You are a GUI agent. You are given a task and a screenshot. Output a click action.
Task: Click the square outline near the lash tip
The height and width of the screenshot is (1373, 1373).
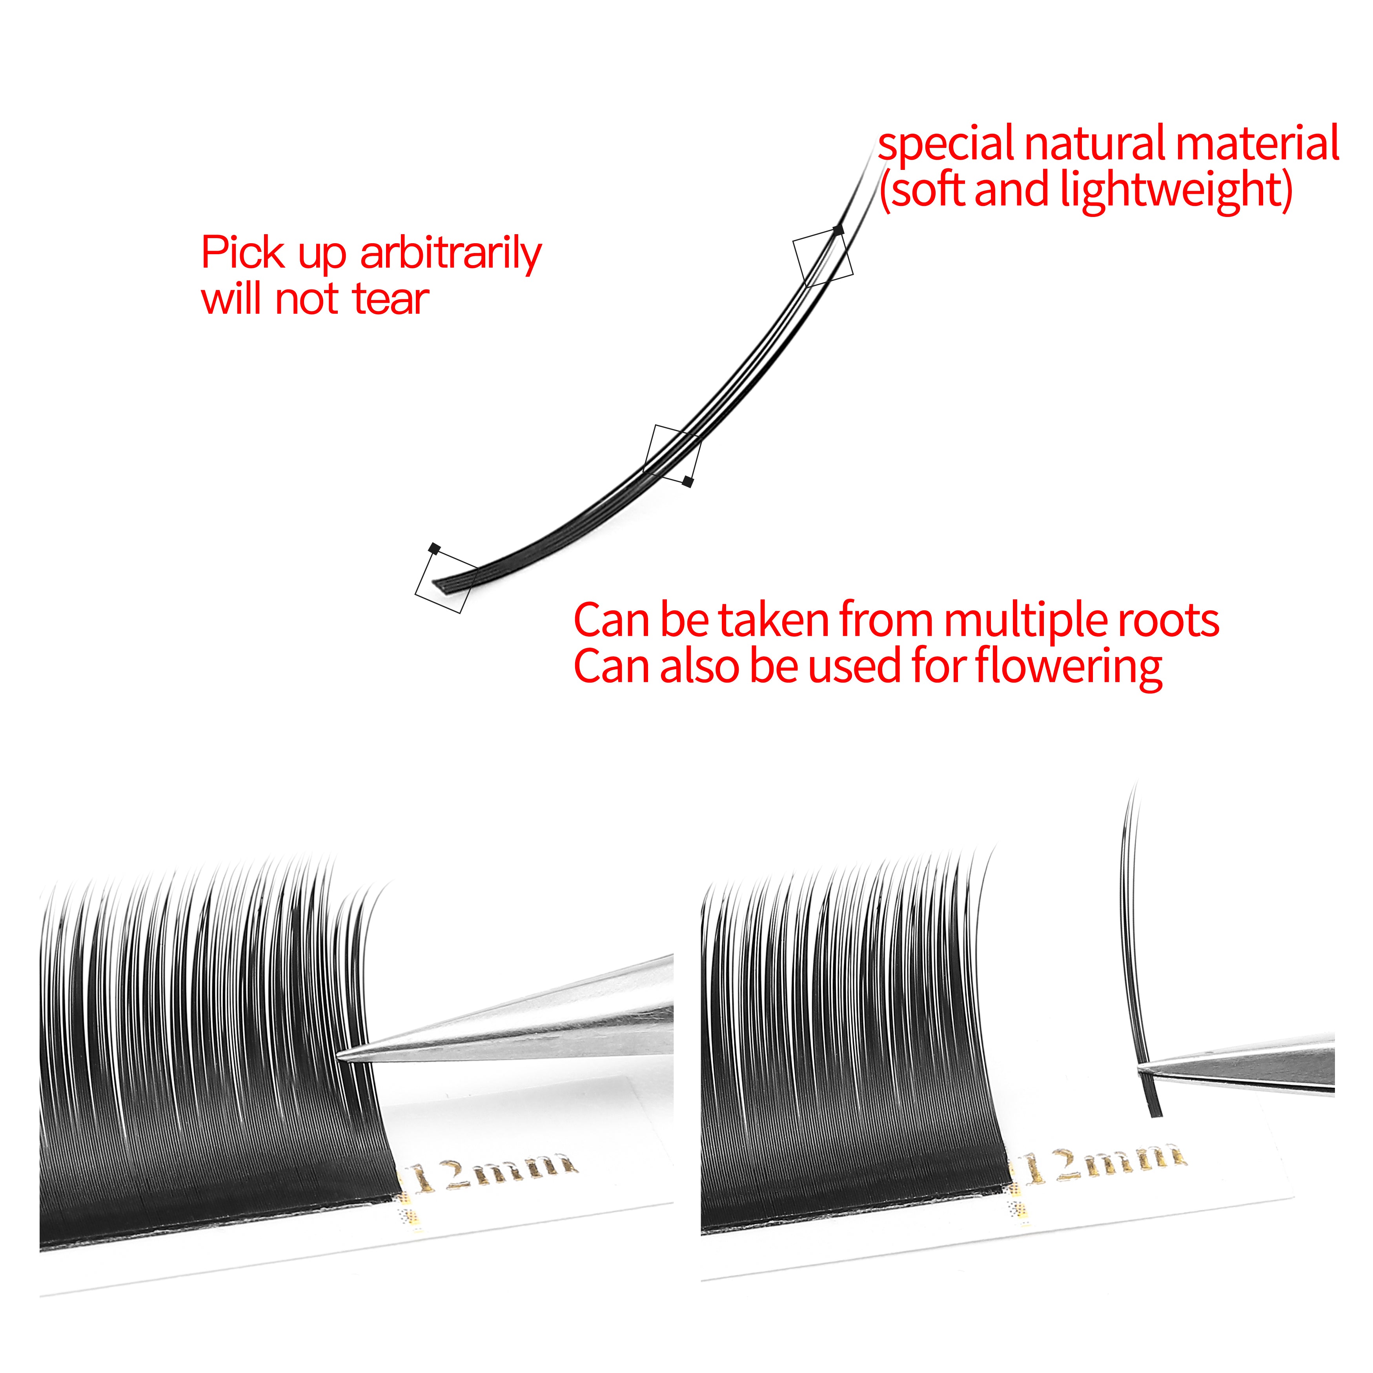coord(823,257)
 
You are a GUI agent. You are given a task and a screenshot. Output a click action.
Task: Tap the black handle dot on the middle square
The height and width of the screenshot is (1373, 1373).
coord(688,482)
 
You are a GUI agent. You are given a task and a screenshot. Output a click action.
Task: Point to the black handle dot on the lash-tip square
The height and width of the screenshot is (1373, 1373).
coord(839,229)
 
